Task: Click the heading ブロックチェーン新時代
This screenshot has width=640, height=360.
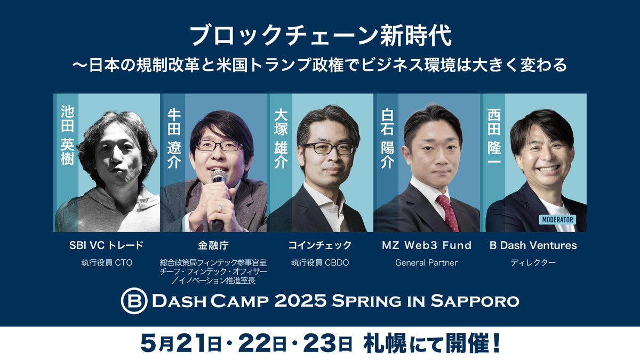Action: point(320,36)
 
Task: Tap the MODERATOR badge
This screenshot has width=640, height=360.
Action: point(557,219)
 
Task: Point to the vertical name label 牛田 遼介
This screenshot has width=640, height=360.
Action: point(174,138)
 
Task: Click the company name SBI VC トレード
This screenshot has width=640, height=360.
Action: point(107,245)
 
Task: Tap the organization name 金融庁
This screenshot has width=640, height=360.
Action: point(213,245)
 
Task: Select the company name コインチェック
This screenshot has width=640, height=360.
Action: point(320,245)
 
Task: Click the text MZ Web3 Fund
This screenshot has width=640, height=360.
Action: point(427,245)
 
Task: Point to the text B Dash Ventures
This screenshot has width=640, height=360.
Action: point(533,245)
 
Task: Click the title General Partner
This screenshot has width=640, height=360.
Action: point(427,262)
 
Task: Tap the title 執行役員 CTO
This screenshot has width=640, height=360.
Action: point(107,262)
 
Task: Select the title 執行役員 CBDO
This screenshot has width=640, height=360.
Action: point(320,262)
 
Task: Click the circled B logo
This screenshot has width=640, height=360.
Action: point(132,301)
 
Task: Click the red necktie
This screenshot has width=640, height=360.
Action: point(447,211)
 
